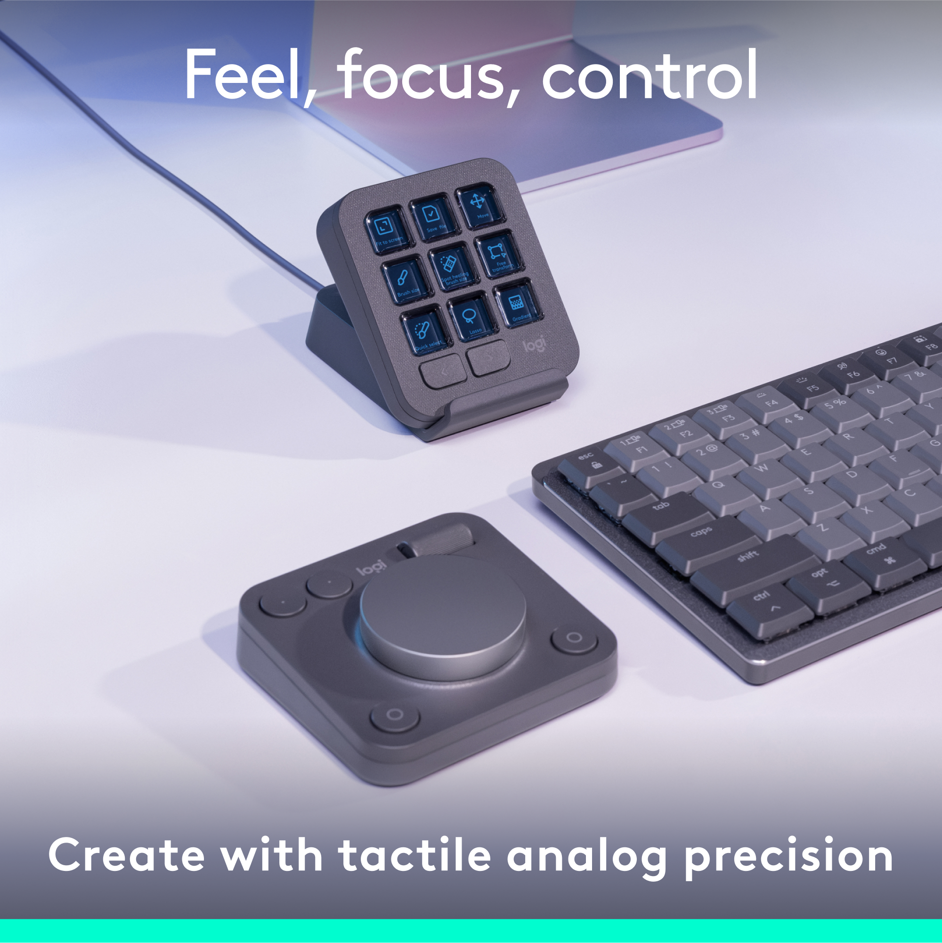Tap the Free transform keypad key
(x=499, y=255)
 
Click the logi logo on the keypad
(x=534, y=345)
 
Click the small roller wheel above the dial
(x=442, y=543)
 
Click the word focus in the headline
(x=422, y=76)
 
